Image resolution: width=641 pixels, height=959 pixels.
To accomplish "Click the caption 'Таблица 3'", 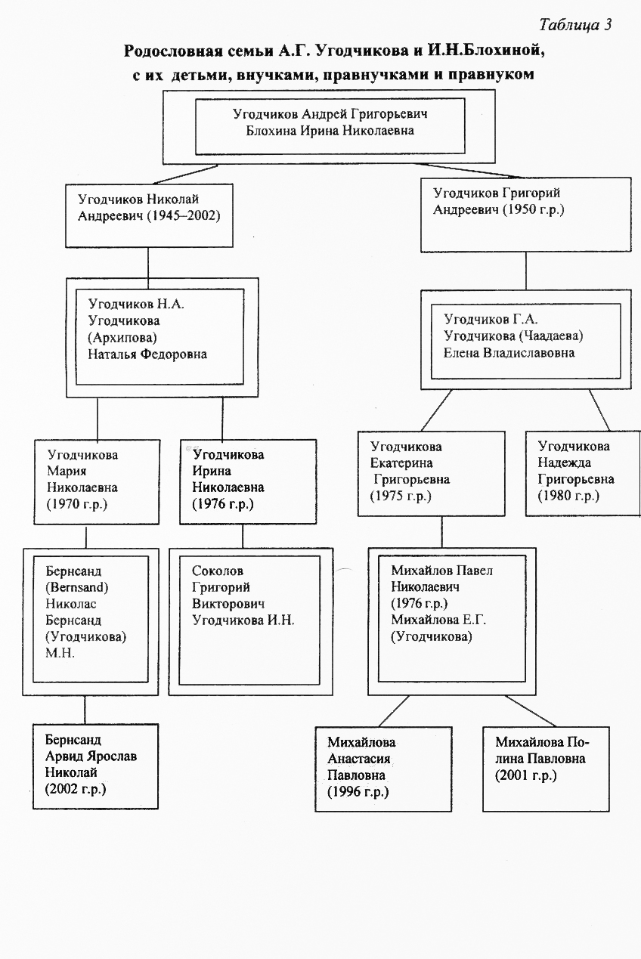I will (576, 24).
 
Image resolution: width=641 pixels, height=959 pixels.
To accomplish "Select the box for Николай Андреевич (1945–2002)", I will (148, 215).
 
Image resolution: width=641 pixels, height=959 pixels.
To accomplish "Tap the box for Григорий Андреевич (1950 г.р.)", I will (525, 214).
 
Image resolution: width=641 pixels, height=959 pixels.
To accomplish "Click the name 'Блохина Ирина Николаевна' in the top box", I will (330, 131).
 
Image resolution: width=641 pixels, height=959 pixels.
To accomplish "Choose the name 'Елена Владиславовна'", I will (509, 352).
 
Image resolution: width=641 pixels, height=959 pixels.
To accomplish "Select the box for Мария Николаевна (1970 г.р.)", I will (97, 482).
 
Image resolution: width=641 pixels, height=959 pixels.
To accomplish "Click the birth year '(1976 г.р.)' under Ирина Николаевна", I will (223, 503).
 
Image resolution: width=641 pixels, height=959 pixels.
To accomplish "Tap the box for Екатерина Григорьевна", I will (431, 473).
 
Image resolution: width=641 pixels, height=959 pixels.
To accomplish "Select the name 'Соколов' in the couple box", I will (218, 571).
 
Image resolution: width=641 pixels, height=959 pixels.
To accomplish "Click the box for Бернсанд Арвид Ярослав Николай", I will (95, 766).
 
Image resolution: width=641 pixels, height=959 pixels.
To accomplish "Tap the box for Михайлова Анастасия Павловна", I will (383, 769).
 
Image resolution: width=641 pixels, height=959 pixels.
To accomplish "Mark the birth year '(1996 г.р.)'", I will (358, 792).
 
